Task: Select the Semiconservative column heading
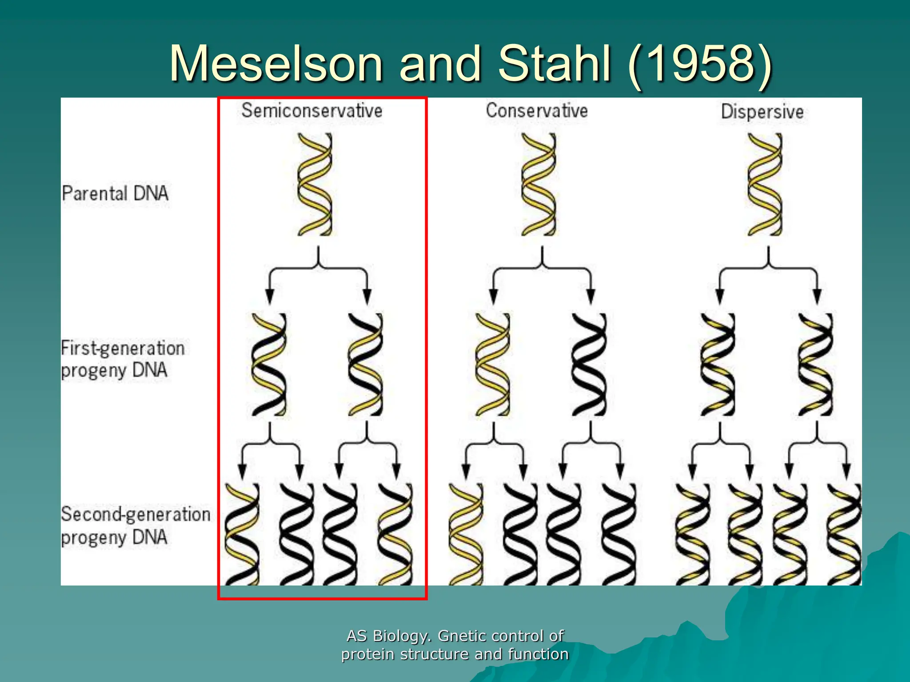coord(311,111)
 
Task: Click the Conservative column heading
coord(536,111)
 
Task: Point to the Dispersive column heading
coord(762,111)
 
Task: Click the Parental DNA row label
coord(115,194)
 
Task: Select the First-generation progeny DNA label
coord(122,359)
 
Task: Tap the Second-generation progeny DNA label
coord(135,525)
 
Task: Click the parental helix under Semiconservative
coord(315,184)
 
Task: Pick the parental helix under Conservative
coord(539,184)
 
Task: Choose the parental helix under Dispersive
coord(765,184)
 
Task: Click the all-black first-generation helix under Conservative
coord(589,364)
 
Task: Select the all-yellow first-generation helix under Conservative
coord(492,364)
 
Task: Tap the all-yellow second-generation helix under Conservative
coord(465,534)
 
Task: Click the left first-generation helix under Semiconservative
coord(269,364)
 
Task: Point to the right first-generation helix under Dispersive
coord(815,364)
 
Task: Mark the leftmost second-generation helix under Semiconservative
coord(242,534)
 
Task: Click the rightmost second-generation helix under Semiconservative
coord(395,534)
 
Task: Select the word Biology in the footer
coord(401,636)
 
